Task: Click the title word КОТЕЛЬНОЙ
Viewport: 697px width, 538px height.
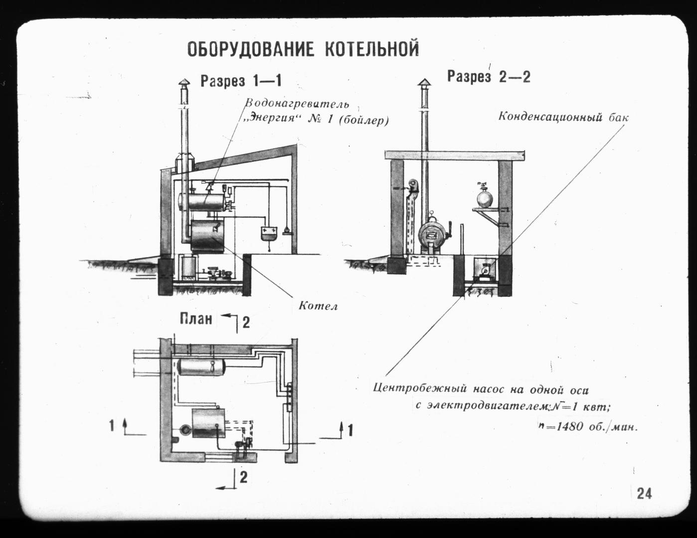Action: [372, 48]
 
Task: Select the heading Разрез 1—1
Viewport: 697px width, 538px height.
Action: [241, 81]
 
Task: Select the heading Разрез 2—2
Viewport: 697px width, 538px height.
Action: [489, 77]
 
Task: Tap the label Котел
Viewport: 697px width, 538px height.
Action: [318, 306]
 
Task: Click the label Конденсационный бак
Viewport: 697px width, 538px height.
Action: [563, 117]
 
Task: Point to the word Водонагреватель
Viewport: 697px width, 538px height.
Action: [297, 104]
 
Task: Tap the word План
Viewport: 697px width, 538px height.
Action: [196, 319]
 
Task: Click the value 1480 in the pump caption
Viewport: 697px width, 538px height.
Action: [569, 426]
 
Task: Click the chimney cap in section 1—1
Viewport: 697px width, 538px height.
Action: [184, 83]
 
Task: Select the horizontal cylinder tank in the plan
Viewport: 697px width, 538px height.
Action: [201, 367]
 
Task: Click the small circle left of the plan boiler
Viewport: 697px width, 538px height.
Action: [185, 429]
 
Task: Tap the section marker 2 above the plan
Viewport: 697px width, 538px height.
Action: [246, 322]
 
